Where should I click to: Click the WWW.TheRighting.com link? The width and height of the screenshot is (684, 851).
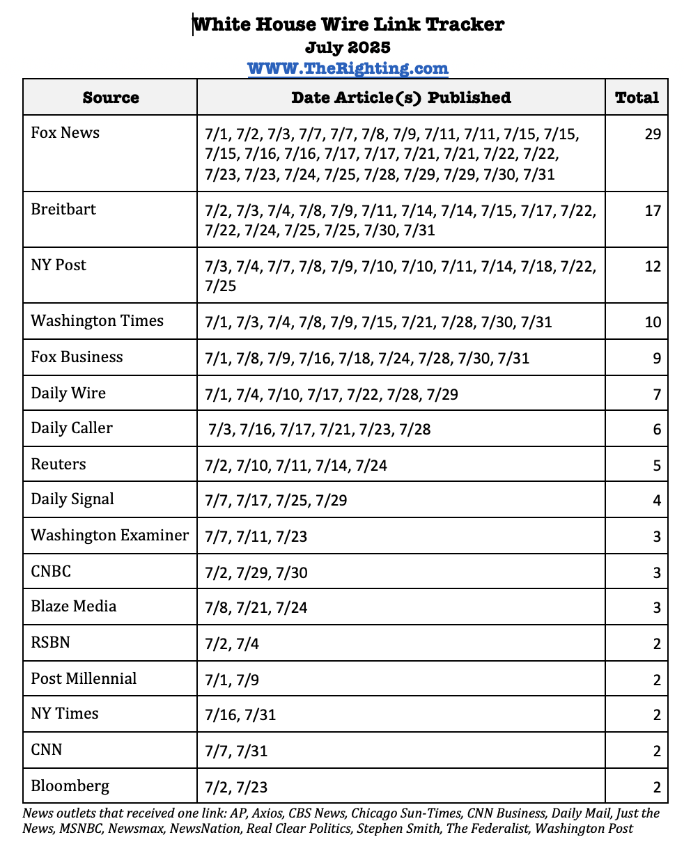348,68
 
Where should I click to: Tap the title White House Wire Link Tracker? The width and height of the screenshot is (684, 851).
348,24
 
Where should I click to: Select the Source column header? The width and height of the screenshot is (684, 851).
110,97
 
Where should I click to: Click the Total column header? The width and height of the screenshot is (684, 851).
637,97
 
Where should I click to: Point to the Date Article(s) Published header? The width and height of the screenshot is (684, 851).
401,97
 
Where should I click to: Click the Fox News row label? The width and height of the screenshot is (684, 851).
65,133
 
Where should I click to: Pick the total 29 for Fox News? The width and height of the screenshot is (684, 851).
652,134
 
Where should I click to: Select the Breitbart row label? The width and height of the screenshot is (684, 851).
63,210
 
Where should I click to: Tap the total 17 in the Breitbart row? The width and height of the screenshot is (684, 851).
652,211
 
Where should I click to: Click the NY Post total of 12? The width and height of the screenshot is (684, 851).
652,267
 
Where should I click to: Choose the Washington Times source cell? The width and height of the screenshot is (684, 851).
97,321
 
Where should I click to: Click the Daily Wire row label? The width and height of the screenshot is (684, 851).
68,393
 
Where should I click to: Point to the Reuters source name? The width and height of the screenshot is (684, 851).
59,464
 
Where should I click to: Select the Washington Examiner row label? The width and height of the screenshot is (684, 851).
109,536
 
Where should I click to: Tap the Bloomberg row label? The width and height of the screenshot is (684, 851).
70,786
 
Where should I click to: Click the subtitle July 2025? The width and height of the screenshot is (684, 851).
348,47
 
